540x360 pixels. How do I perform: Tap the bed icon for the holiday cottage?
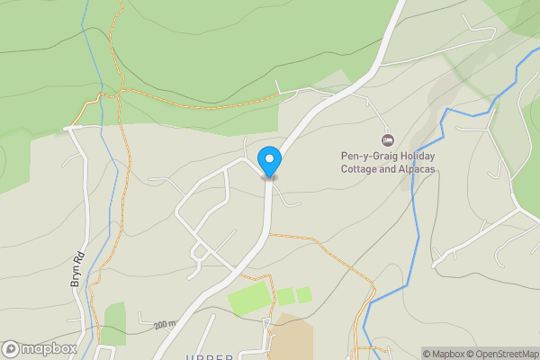coord(388,139)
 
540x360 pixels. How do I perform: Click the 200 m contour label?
coord(164,325)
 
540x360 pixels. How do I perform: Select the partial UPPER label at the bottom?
coord(209,356)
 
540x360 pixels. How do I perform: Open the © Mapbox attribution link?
coord(447,354)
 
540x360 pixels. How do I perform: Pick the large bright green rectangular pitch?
coord(248,298)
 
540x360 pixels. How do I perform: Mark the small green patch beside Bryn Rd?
coord(114,320)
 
